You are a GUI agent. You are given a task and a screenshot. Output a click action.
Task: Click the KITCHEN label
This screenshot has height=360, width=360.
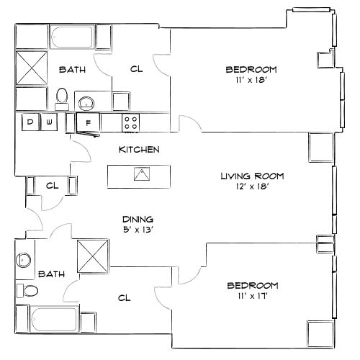[139, 150]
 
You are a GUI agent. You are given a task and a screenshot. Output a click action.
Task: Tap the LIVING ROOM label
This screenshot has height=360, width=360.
[252, 176]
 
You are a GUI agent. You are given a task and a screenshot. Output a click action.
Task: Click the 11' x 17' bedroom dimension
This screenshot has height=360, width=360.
[251, 295]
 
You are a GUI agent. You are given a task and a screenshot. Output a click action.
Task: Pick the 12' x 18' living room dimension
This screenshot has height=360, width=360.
[252, 186]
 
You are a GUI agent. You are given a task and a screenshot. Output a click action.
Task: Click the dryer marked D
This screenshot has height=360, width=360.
[30, 122]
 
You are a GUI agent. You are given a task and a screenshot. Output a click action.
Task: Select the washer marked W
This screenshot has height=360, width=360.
[49, 122]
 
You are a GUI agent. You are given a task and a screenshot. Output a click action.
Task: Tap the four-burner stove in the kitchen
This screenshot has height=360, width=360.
[131, 122]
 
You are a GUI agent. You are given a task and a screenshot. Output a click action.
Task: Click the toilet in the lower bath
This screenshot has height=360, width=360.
[29, 291]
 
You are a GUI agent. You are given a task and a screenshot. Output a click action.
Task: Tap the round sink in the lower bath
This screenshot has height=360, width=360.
[24, 259]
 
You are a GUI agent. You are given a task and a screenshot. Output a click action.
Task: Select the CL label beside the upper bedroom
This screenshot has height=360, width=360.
[136, 70]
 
